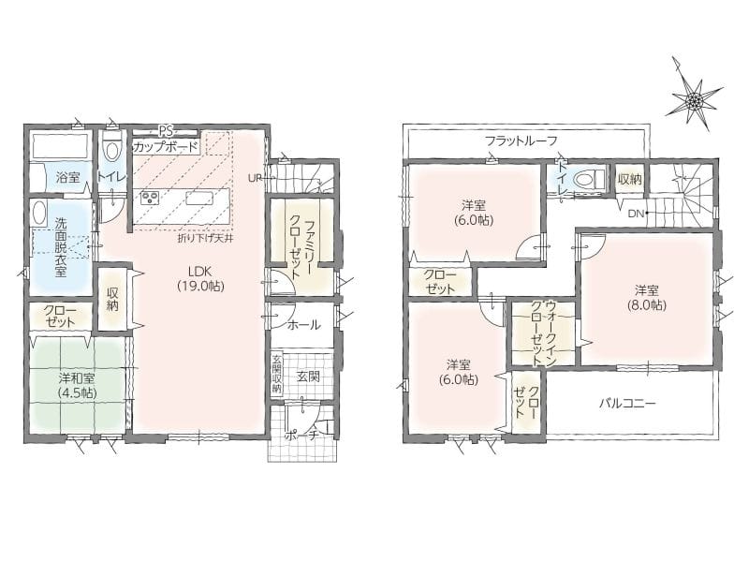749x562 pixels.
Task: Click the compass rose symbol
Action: pos(694,100)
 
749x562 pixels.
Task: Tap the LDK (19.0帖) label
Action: pos(200,279)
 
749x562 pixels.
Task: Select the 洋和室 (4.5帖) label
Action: pos(77,386)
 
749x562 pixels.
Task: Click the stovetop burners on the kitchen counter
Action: pos(151,198)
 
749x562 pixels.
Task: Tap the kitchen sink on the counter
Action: pos(197,198)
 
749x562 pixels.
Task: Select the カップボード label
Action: pos(165,147)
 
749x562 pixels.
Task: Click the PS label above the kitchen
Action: pos(167,130)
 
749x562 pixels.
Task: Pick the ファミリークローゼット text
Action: pos(301,247)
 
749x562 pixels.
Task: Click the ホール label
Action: pos(303,325)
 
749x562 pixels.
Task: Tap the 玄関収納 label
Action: pos(276,374)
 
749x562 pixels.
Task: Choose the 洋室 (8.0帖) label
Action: pos(647,298)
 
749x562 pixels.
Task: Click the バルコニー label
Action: pos(627,404)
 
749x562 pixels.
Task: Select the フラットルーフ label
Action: pos(521,140)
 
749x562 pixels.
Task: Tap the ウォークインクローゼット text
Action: pos(544,333)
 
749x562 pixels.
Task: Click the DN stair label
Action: pos(636,214)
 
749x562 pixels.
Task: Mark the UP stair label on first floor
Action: pos(254,178)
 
